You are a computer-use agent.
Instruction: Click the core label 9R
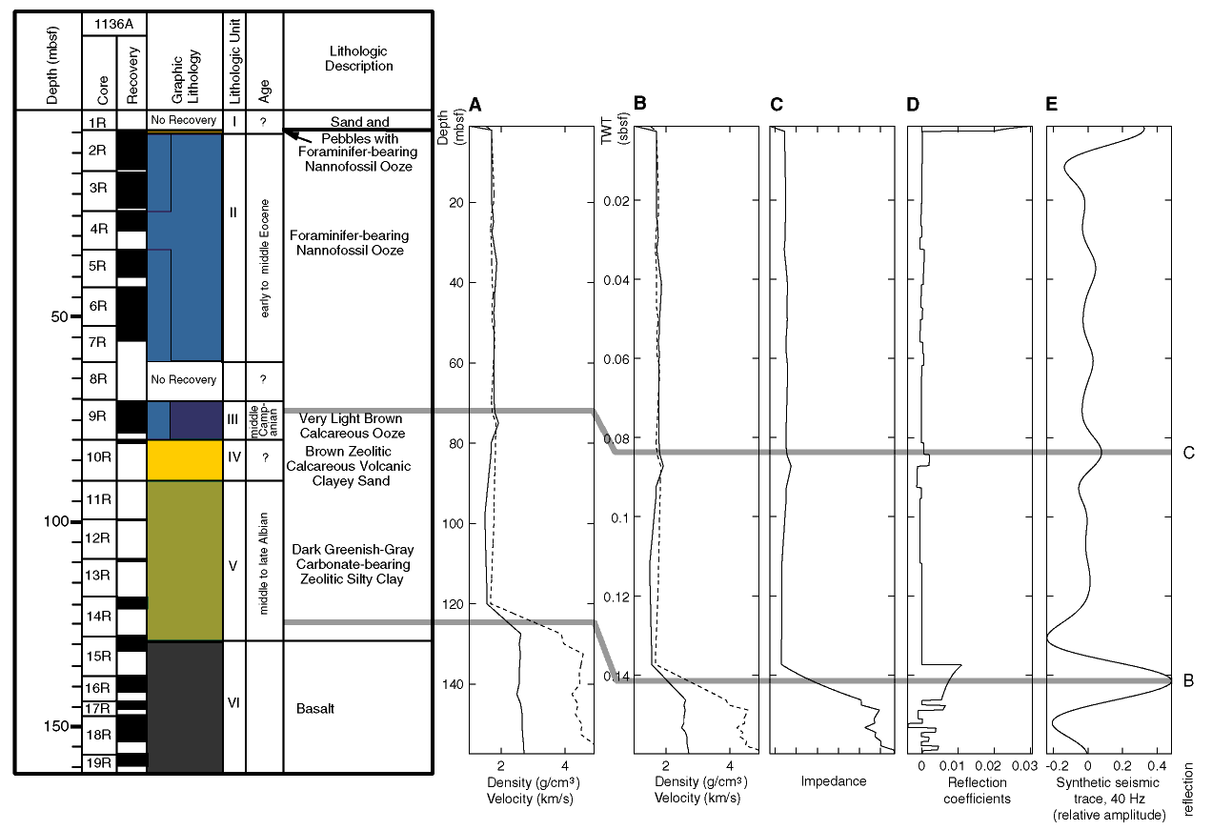[x=98, y=416]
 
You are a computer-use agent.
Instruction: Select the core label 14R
[x=98, y=617]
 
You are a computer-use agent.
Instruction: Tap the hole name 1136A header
[x=113, y=25]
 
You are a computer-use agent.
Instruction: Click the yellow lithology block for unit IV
[x=185, y=460]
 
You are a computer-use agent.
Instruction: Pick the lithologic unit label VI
[x=233, y=703]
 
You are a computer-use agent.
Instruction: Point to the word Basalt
[x=314, y=709]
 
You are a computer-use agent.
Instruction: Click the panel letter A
[x=475, y=105]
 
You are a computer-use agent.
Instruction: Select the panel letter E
[x=1051, y=104]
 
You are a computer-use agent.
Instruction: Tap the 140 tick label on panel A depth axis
[x=456, y=684]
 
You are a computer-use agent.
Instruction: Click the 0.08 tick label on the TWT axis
[x=616, y=438]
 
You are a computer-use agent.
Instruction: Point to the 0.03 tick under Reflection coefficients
[x=1024, y=766]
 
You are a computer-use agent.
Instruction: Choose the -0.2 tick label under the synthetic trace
[x=1058, y=766]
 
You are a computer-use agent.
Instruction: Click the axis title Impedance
[x=833, y=781]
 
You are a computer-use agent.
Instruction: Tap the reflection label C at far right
[x=1189, y=453]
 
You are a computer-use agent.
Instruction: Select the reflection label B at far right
[x=1189, y=680]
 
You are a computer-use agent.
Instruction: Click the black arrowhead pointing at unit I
[x=290, y=133]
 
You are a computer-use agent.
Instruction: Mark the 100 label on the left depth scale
[x=55, y=521]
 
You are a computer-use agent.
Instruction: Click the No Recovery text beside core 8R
[x=184, y=380]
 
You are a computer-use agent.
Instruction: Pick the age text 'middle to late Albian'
[x=264, y=563]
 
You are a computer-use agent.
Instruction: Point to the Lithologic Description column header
[x=358, y=58]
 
